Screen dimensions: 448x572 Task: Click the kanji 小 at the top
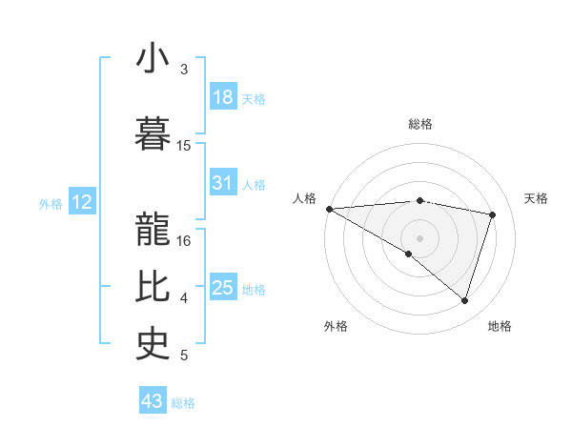153,60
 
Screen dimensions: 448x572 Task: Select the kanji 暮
153,132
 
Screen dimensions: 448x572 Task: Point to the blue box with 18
223,97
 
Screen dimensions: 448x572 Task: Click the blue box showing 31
223,183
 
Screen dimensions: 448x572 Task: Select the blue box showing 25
223,288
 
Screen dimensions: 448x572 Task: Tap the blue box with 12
81,202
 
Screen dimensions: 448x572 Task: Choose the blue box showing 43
153,401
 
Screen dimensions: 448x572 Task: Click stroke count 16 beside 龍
185,241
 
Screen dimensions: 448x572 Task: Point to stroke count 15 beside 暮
184,146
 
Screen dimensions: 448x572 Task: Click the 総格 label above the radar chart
420,124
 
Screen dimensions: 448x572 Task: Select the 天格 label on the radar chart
536,198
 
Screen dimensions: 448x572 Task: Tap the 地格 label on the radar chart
500,326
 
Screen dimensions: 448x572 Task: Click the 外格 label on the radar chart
336,326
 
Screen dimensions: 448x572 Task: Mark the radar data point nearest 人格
329,208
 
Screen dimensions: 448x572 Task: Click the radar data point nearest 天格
493,214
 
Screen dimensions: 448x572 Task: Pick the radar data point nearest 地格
465,300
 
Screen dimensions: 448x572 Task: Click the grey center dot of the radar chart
419,237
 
